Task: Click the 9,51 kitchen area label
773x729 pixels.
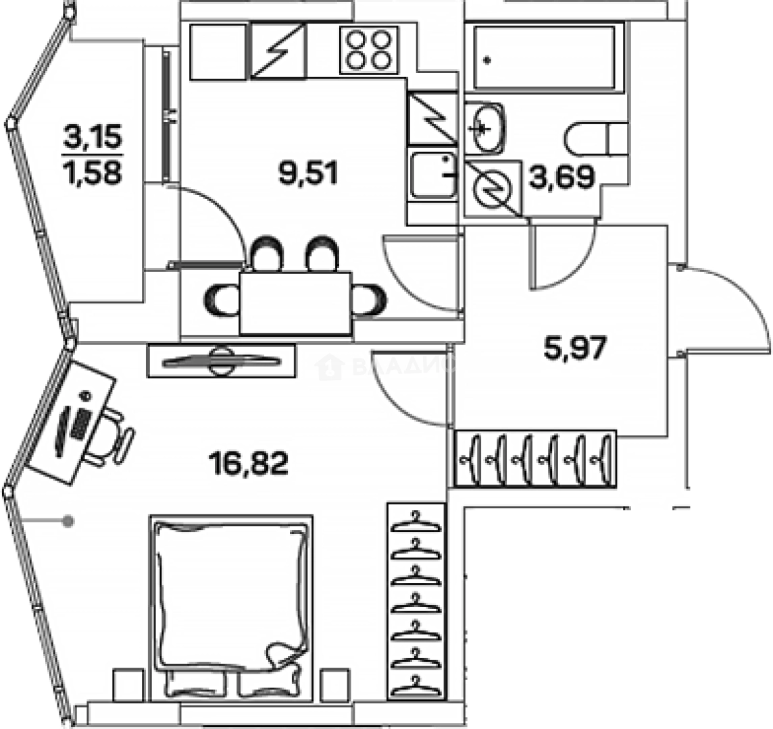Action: pos(307,173)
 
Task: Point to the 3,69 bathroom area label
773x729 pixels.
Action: pos(562,177)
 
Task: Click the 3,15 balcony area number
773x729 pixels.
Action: pos(93,138)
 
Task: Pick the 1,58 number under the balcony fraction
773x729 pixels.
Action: pos(93,173)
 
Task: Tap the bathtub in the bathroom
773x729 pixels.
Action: pos(545,58)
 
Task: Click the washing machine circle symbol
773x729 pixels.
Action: pos(493,188)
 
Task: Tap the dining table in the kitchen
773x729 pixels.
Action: pos(296,303)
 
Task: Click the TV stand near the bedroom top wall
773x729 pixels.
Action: pos(221,360)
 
